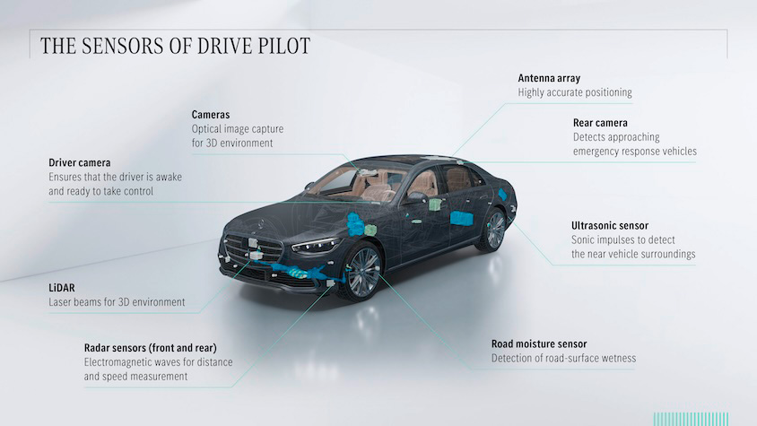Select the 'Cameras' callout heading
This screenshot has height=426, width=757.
pyautogui.click(x=212, y=115)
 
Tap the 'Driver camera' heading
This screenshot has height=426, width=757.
pyautogui.click(x=80, y=163)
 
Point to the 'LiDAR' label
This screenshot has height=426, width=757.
pyautogui.click(x=65, y=288)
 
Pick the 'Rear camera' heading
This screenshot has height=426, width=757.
pyautogui.click(x=600, y=123)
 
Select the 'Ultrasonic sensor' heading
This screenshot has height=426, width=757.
pyautogui.click(x=610, y=226)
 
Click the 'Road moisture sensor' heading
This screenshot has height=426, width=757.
pyautogui.click(x=539, y=343)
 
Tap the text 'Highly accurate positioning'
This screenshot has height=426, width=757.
pyautogui.click(x=575, y=92)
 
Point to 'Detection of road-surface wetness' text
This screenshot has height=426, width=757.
pyautogui.click(x=563, y=359)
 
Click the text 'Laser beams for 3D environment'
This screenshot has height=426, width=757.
pyautogui.click(x=117, y=302)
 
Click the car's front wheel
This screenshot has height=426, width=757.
pyautogui.click(x=363, y=271)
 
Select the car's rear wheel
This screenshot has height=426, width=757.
pyautogui.click(x=493, y=230)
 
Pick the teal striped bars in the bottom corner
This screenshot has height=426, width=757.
pyautogui.click(x=685, y=417)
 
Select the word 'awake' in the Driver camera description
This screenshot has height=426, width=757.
pyautogui.click(x=165, y=178)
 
